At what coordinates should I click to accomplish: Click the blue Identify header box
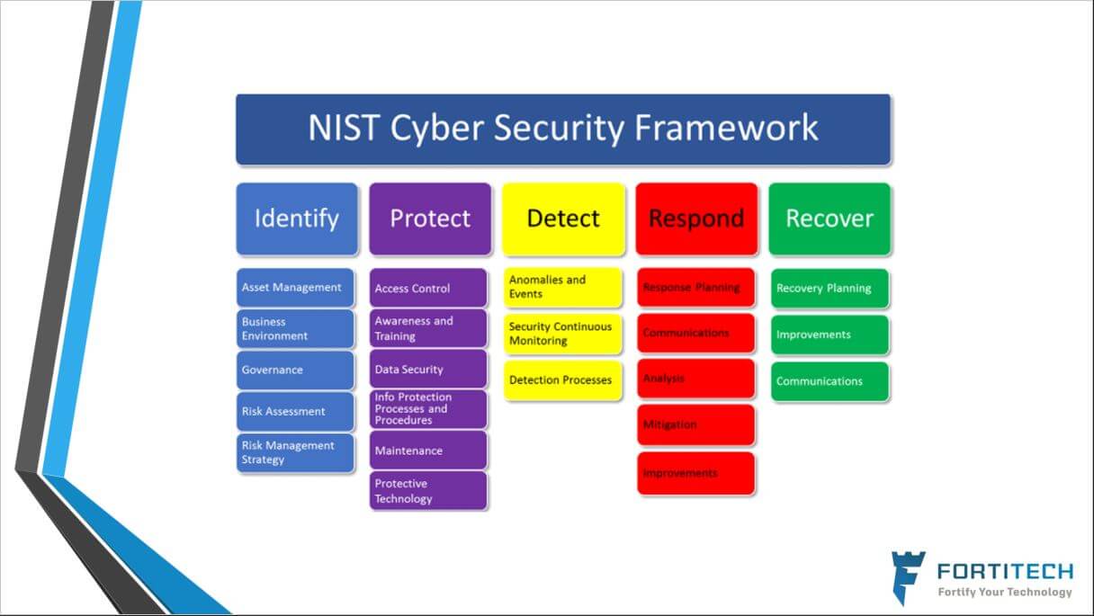click(x=297, y=219)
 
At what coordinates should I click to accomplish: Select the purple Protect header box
click(x=430, y=219)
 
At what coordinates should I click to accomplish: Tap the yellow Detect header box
click(x=563, y=219)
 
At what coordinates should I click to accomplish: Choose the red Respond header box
click(x=696, y=219)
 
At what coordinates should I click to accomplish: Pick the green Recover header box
click(x=829, y=219)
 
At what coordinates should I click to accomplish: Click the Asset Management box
click(x=295, y=288)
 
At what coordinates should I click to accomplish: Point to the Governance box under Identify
click(x=295, y=370)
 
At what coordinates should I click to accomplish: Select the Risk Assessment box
click(x=295, y=412)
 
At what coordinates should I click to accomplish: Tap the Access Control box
click(x=428, y=288)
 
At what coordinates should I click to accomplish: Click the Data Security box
click(x=428, y=369)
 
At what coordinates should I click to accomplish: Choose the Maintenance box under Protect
click(x=428, y=450)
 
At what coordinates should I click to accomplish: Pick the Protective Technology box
click(x=428, y=491)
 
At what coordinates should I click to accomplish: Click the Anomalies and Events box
click(x=563, y=287)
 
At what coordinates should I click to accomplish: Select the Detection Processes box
click(x=563, y=380)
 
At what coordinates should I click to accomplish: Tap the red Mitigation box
click(x=696, y=424)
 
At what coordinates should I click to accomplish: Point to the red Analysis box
click(x=696, y=379)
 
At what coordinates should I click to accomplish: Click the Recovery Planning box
click(x=829, y=288)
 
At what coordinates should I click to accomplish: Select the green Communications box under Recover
click(x=829, y=381)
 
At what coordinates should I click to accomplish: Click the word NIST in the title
click(x=344, y=128)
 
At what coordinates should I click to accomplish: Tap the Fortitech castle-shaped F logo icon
click(x=908, y=578)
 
